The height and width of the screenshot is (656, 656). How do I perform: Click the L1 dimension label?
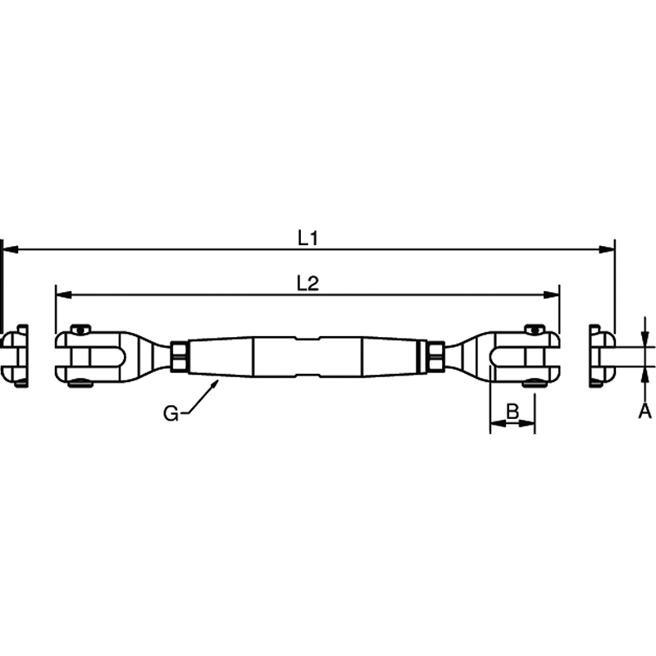pyautogui.click(x=308, y=238)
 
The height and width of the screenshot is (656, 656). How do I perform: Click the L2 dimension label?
pyautogui.click(x=308, y=283)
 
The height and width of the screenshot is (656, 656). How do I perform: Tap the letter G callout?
pyautogui.click(x=171, y=414)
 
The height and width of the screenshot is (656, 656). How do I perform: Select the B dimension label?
pyautogui.click(x=512, y=412)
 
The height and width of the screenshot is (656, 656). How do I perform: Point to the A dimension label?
pyautogui.click(x=645, y=412)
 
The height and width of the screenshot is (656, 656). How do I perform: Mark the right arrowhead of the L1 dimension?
pyautogui.click(x=607, y=249)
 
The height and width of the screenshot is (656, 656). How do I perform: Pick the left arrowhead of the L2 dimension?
pyautogui.click(x=64, y=295)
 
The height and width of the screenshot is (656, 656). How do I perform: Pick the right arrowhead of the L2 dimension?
pyautogui.click(x=551, y=295)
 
